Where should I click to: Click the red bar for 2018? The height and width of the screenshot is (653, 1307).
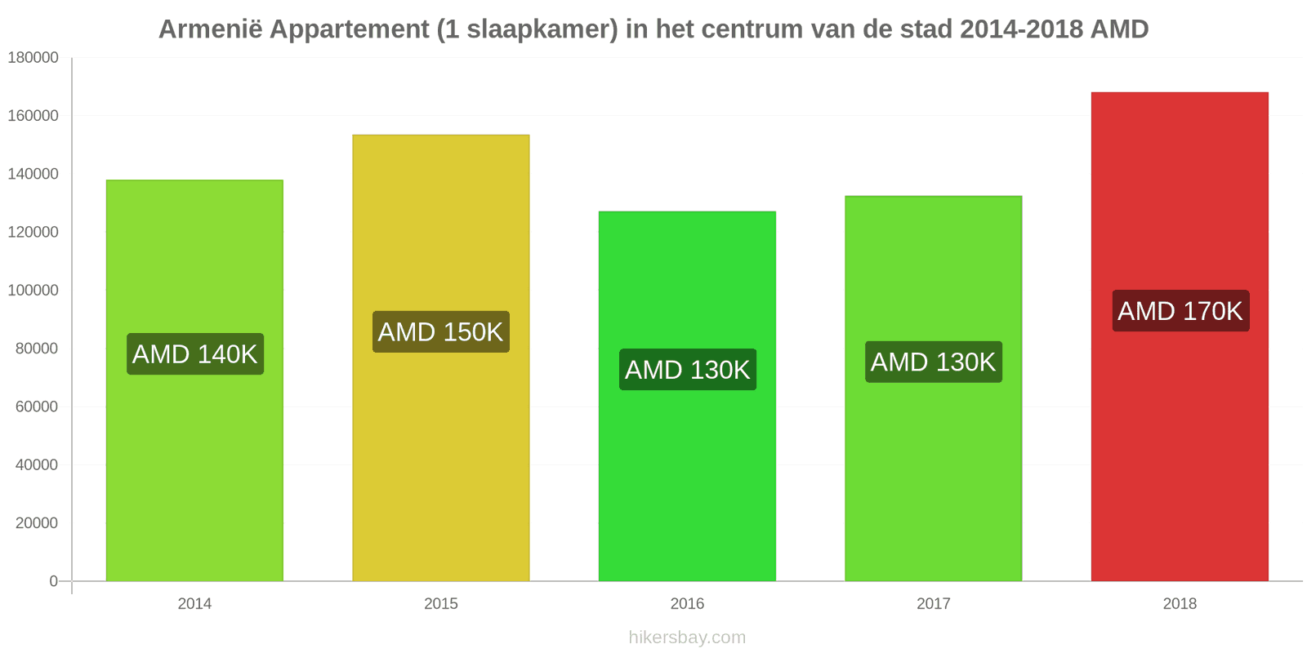coord(1180,336)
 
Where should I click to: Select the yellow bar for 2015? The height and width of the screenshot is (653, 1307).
coord(440,358)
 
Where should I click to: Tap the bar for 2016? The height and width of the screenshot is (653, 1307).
coord(687,397)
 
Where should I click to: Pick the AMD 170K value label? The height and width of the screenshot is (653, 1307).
coord(1180,311)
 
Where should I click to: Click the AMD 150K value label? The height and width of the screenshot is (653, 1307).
coord(441,331)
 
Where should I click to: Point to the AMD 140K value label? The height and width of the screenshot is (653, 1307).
coord(195,354)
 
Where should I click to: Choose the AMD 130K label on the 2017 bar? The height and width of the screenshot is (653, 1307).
coord(934,362)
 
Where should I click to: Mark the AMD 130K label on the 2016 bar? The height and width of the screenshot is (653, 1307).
coord(687,370)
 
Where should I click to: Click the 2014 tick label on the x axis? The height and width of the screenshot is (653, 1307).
coord(194,603)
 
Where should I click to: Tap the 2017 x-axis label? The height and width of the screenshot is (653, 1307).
coord(933,603)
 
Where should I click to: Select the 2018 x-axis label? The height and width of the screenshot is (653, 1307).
coord(1180,603)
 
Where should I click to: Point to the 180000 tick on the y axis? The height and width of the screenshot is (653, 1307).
coord(33,57)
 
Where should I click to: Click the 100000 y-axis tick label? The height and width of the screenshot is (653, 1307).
coord(33,290)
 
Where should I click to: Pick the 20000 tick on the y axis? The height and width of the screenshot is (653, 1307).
coord(37,523)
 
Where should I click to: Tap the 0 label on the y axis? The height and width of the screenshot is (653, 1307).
coord(54,580)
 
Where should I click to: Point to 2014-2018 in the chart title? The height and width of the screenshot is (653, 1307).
coord(1022,29)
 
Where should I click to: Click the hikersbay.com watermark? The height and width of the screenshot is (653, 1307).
coord(687,637)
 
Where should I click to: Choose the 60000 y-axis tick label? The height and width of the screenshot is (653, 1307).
coord(37,406)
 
